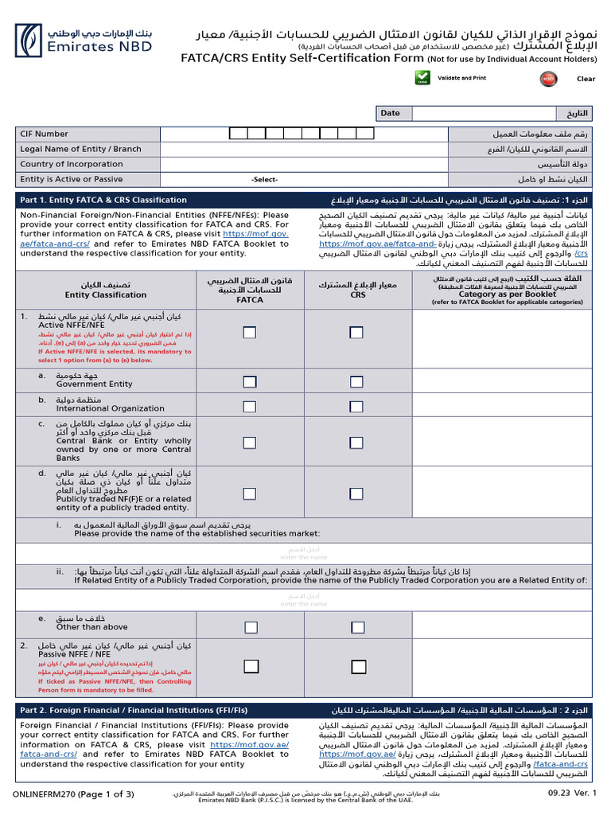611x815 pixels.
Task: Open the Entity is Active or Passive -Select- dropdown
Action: point(264,180)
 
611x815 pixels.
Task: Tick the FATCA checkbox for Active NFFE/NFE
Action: point(250,332)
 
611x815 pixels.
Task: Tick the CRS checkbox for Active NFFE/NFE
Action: point(357,332)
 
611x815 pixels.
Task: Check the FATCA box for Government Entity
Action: point(250,382)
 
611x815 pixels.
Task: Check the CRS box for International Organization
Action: point(357,406)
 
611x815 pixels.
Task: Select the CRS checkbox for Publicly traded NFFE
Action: point(357,490)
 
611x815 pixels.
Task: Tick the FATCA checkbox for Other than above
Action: point(250,627)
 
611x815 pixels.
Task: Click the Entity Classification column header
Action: point(106,290)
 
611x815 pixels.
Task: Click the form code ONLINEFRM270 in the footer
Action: point(41,794)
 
